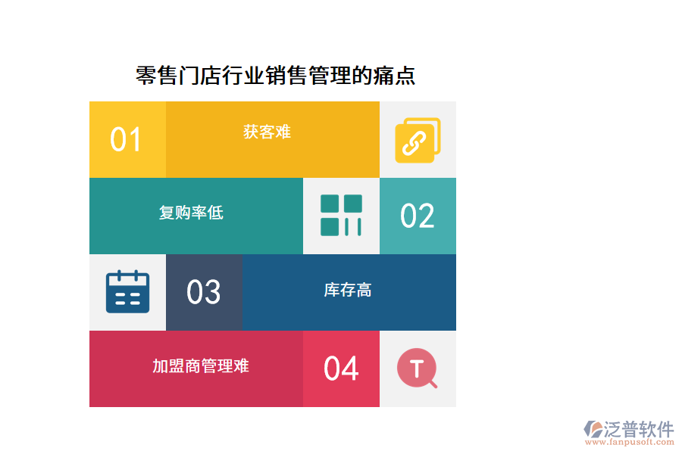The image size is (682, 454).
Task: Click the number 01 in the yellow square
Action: point(126,140)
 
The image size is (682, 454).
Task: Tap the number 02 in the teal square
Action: point(418,216)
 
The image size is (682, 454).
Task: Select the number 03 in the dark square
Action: point(204,293)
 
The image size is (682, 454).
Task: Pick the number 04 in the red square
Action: point(341,369)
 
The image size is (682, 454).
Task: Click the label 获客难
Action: point(267,132)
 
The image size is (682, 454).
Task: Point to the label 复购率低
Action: point(191,213)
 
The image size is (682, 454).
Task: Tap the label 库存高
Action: point(348,290)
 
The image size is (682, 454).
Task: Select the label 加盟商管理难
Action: point(201,366)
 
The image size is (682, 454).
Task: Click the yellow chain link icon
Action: point(418,140)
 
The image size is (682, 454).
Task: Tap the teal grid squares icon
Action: point(341,216)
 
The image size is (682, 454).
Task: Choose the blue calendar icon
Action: point(127,292)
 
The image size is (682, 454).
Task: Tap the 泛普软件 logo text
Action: point(638,429)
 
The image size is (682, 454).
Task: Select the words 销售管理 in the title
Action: point(308,76)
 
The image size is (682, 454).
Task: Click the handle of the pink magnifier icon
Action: point(433,384)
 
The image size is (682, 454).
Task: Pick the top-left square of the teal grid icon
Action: point(330,204)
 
